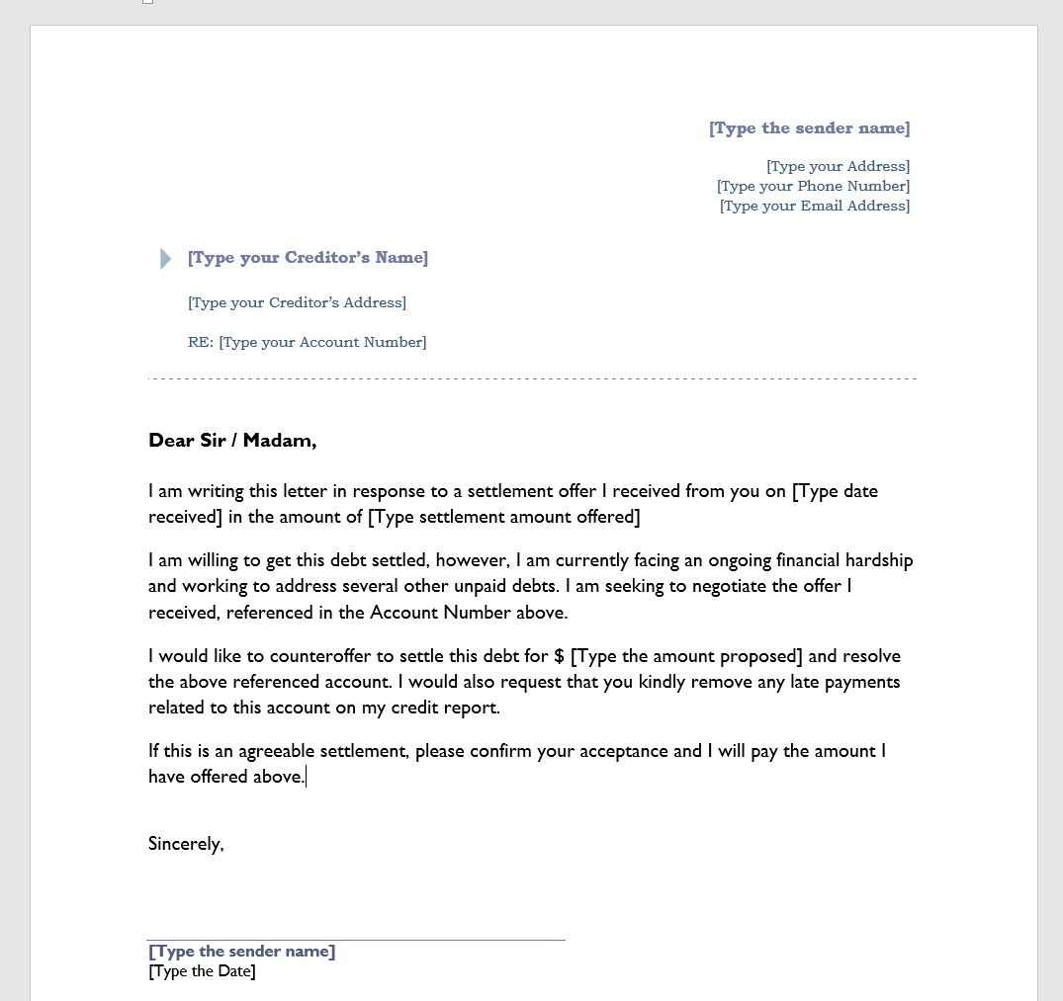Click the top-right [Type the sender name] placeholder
coord(809,128)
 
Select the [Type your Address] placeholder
coord(838,166)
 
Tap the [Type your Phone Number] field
coord(813,186)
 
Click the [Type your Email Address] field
coord(814,206)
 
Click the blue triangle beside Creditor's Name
coord(165,259)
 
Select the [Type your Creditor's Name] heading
coord(308,258)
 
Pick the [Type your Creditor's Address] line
coord(297,302)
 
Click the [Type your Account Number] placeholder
coord(322,342)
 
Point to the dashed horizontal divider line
coord(532,378)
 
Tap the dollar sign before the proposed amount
coord(560,656)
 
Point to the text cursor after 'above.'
coord(307,778)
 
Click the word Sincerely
coord(186,844)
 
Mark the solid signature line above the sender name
coord(356,940)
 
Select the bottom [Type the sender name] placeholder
coord(241,952)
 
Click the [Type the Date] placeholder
coord(202,971)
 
